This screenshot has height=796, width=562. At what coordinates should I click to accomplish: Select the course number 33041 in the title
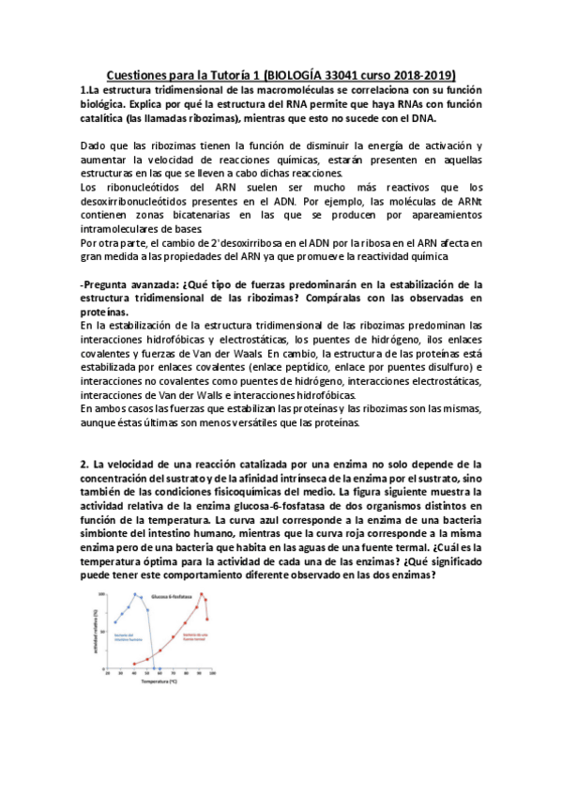click(x=349, y=73)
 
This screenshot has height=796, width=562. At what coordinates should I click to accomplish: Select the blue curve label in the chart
click(x=129, y=637)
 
